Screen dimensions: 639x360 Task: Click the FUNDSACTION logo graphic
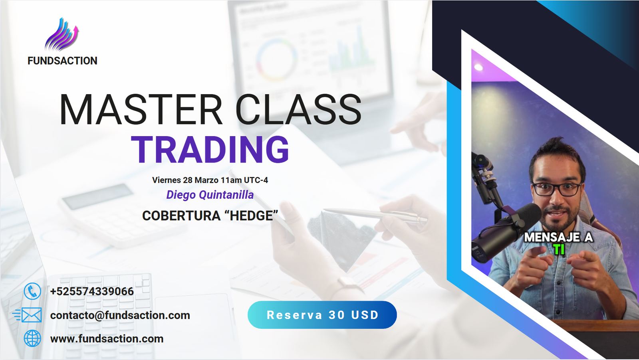(62, 34)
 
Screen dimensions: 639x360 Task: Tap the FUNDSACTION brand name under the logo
(62, 61)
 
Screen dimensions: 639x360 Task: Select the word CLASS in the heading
(298, 110)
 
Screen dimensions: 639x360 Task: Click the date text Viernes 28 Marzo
(185, 180)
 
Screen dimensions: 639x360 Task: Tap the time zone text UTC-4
(256, 180)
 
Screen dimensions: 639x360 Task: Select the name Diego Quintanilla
(210, 195)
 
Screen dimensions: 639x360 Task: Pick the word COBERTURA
(181, 216)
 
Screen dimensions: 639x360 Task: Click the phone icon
(32, 291)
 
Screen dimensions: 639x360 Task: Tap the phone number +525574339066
(92, 291)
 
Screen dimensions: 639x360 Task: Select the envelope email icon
(28, 315)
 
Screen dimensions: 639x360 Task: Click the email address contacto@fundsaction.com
(120, 315)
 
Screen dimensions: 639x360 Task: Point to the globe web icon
(32, 338)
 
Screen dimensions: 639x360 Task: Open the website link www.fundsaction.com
(107, 338)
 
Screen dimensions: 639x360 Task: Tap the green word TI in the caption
(559, 250)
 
